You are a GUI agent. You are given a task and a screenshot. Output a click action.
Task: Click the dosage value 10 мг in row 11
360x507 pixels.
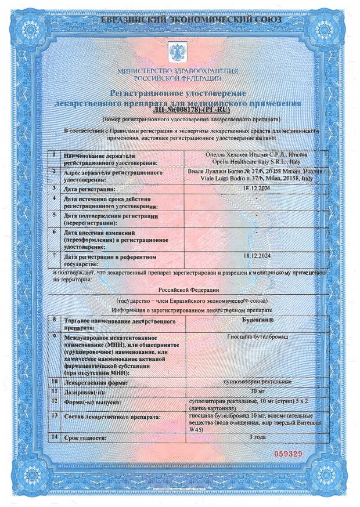258,392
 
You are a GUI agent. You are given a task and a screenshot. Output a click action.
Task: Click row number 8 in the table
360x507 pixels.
55,320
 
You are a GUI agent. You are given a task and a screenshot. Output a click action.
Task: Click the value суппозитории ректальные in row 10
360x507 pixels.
258,382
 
